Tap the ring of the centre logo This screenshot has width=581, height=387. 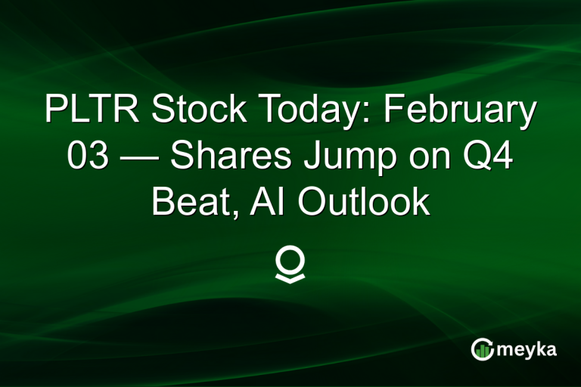(x=290, y=259)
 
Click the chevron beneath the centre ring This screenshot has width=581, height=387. (x=290, y=277)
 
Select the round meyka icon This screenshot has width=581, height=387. (x=482, y=348)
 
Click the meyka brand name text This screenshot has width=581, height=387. (x=529, y=349)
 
